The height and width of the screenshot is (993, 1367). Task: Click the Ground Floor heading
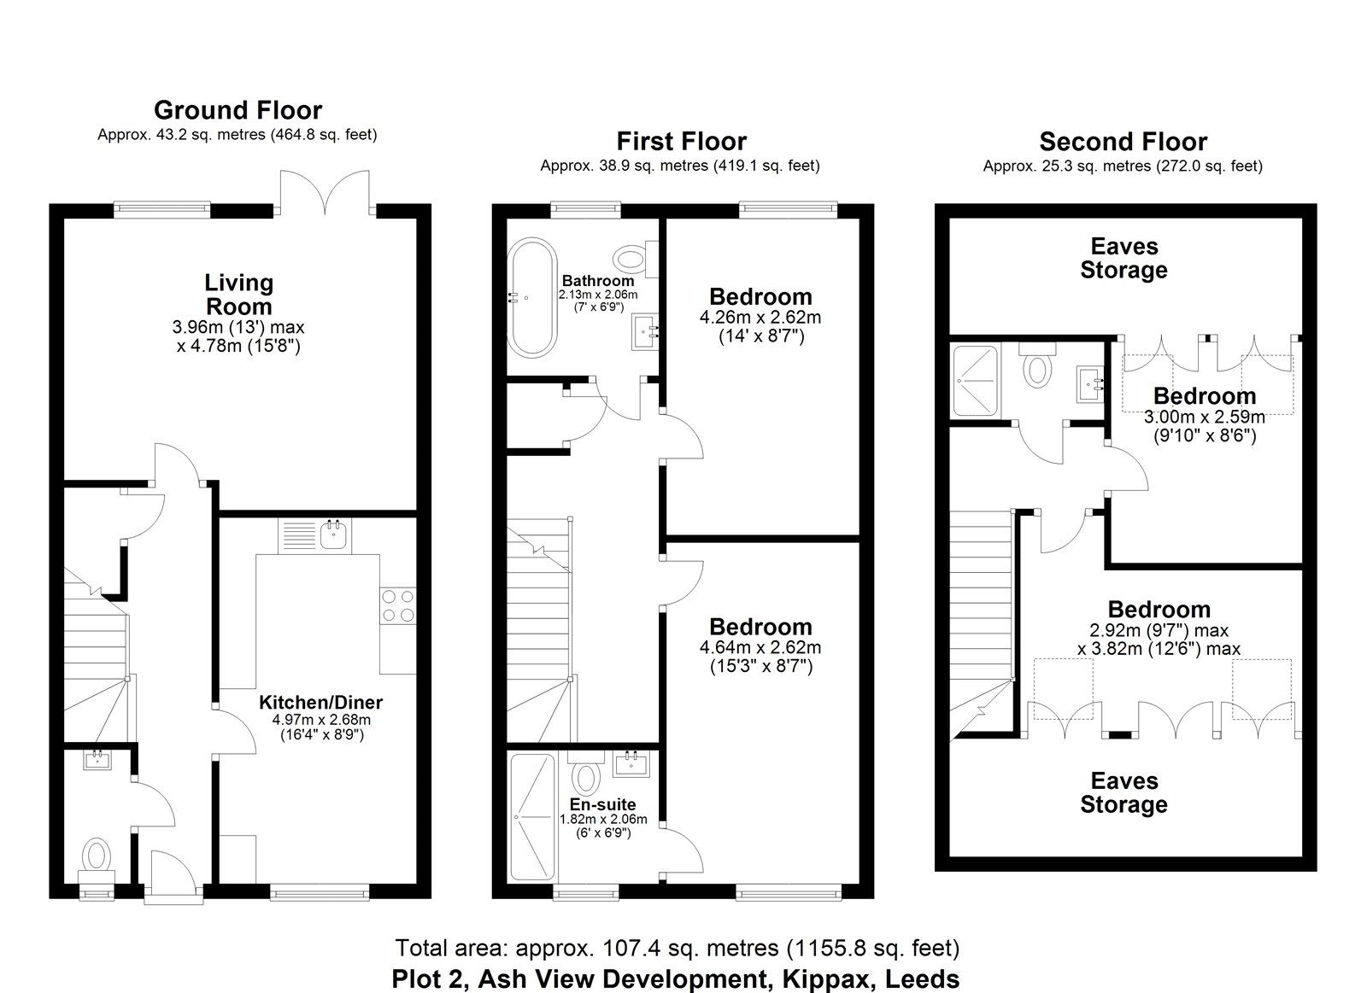238,110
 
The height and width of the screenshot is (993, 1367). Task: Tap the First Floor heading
681,142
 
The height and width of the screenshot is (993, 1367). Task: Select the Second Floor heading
1123,142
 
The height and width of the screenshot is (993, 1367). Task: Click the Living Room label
238,295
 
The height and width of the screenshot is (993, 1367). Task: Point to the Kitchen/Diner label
320,703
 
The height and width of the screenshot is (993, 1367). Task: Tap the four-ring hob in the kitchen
398,605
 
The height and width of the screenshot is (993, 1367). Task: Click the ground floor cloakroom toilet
96,855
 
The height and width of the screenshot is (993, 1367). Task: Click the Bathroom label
598,281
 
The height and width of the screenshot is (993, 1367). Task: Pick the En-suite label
602,804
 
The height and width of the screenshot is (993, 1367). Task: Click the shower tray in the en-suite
532,819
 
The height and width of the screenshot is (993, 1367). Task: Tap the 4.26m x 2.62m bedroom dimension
760,318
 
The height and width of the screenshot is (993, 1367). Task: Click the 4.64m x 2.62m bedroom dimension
760,648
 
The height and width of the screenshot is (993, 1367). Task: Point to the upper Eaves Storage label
1124,259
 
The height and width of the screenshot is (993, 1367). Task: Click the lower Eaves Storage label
1124,793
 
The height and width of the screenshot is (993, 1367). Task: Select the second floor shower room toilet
1037,368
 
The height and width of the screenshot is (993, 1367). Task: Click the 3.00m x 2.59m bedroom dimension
1204,418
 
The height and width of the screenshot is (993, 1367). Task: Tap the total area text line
677,948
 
